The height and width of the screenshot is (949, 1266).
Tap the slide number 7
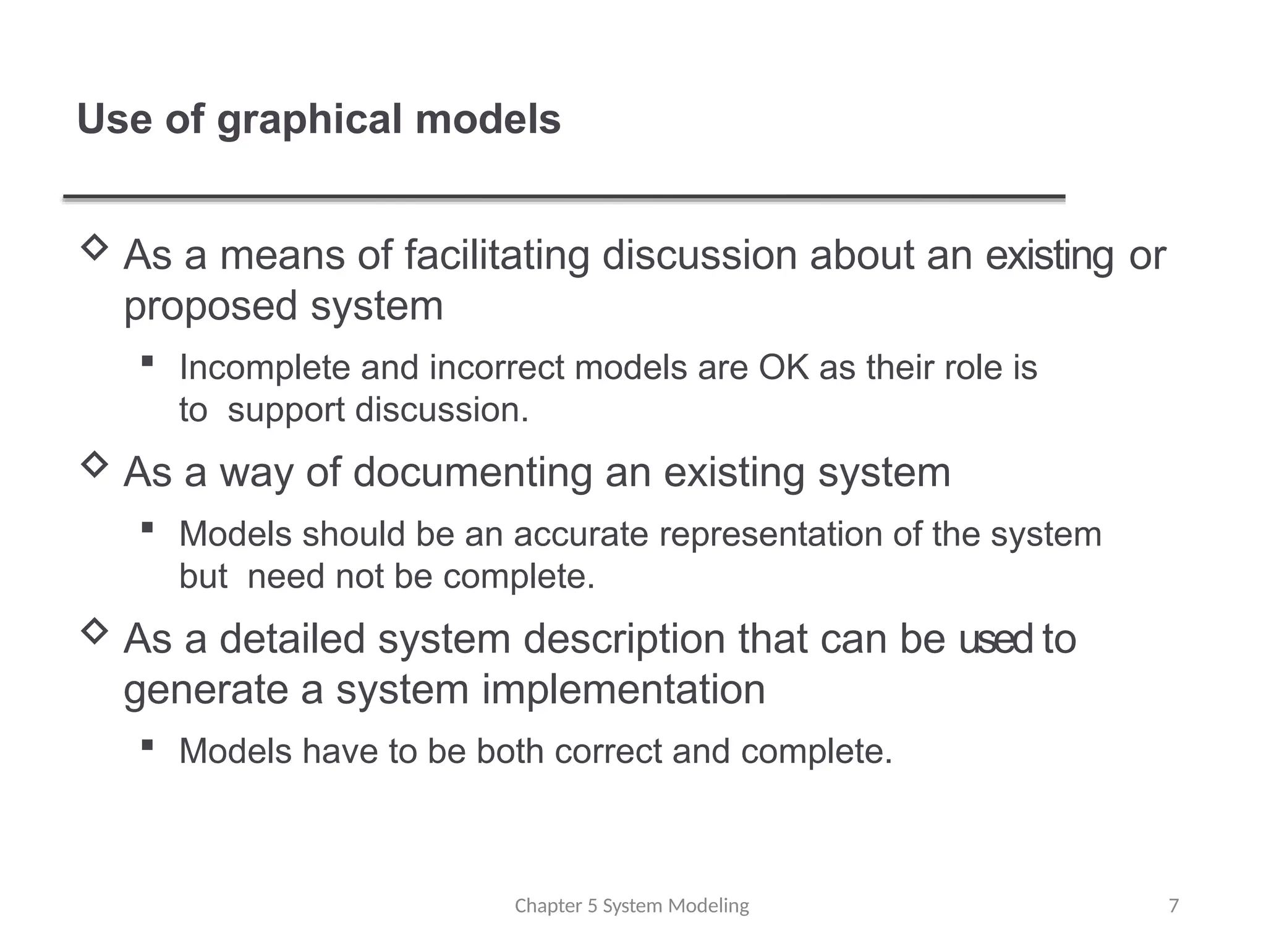coord(1173,906)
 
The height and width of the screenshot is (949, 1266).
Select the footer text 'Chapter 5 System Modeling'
coord(632,906)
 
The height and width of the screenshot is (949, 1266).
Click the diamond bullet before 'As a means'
coord(95,247)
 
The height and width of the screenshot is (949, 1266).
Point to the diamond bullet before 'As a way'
coord(95,464)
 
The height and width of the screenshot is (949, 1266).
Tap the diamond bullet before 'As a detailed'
coord(95,631)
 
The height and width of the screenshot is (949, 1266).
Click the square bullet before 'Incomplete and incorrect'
coord(147,361)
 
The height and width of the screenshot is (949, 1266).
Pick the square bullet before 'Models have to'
coord(147,745)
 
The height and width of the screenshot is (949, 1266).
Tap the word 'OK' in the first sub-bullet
coord(783,368)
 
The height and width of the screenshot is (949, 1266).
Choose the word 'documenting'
coord(472,473)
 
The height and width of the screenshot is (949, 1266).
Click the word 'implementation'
coord(623,690)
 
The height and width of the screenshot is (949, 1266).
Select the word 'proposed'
coord(211,306)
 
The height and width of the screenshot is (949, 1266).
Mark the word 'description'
coord(624,639)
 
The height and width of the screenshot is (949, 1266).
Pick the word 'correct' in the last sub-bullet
coord(608,752)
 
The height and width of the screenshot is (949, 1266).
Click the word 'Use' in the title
coord(114,120)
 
